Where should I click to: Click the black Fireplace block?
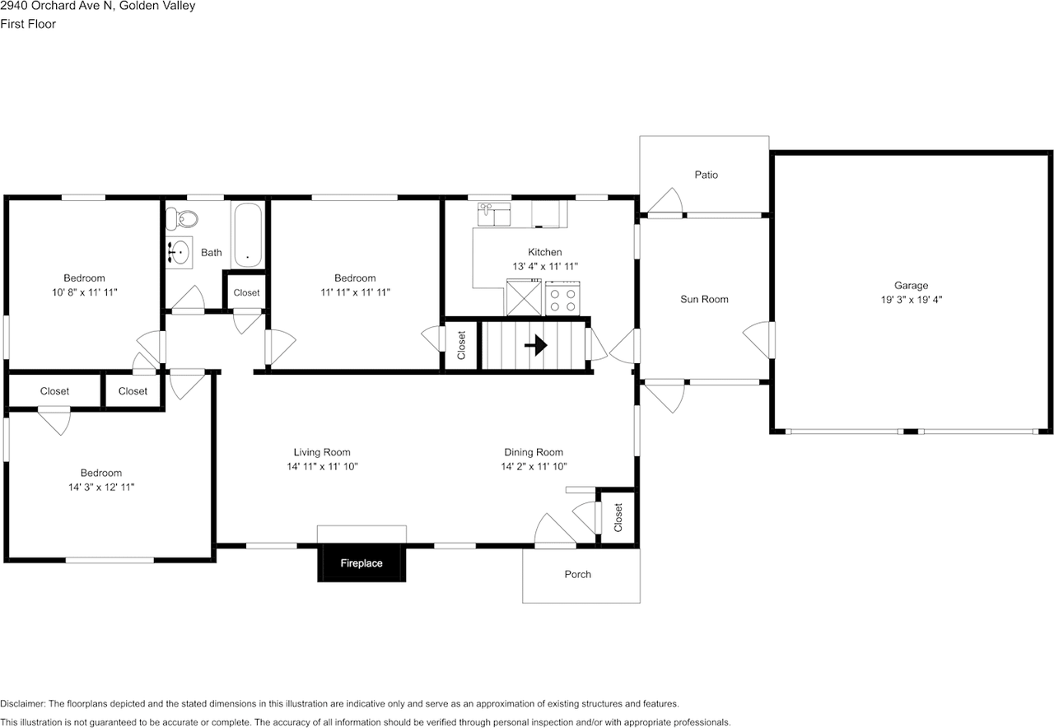(361, 563)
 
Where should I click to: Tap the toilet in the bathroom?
(184, 218)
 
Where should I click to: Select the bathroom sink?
(179, 252)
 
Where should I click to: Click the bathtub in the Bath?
(247, 235)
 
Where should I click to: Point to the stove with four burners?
(563, 297)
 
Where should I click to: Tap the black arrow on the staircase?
(536, 345)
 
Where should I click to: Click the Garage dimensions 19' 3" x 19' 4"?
(911, 300)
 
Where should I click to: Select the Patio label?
(706, 175)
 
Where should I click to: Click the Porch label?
(577, 574)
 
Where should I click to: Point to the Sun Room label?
(704, 299)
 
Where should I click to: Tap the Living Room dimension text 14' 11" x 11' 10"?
(321, 466)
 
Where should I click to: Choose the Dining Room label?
(534, 452)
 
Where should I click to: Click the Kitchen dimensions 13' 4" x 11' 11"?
(545, 266)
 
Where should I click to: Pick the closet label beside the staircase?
(462, 345)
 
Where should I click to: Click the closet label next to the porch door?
(618, 517)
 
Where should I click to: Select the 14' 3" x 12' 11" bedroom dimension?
(100, 487)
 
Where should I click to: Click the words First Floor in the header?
(28, 24)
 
